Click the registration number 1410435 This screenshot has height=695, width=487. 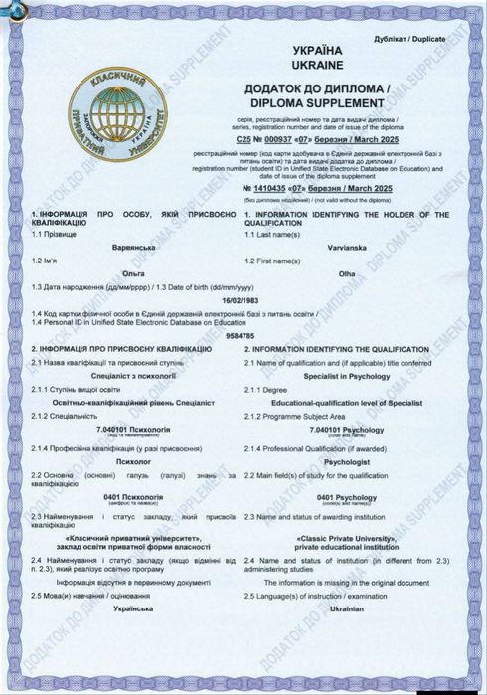[x=307, y=189]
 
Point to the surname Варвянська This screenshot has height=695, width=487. [x=126, y=245]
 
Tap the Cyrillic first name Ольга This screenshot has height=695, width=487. [x=126, y=270]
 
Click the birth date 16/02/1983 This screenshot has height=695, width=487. [x=243, y=298]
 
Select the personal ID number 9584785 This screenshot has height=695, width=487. [x=243, y=336]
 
